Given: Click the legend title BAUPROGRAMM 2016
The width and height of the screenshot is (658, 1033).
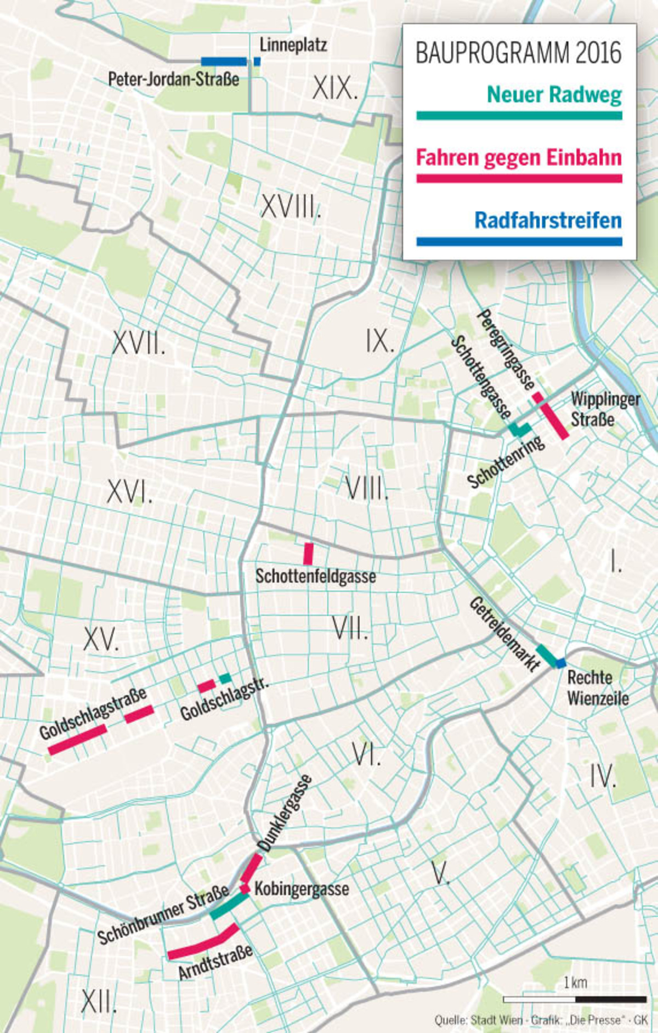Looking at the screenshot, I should [x=518, y=53].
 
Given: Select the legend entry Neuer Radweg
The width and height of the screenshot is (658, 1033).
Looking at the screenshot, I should [x=554, y=95].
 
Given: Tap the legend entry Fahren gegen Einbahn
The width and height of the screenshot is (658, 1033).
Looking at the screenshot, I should [x=518, y=158].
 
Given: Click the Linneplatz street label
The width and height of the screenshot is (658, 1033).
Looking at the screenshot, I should [x=293, y=45].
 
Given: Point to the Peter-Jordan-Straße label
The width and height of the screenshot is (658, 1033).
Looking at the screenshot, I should [x=173, y=79].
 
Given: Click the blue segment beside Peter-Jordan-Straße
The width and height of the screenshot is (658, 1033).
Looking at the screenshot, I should [x=224, y=62].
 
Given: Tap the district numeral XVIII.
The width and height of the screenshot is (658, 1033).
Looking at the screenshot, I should [x=290, y=207].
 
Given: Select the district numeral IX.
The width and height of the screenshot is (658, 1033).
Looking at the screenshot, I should [x=380, y=341].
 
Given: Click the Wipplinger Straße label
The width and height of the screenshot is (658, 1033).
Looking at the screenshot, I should [x=604, y=409].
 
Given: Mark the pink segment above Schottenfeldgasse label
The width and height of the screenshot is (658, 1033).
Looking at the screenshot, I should [x=309, y=554].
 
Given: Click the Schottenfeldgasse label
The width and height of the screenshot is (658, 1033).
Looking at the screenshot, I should [x=316, y=576].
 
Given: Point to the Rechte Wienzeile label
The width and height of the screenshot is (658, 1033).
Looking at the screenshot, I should [x=597, y=687].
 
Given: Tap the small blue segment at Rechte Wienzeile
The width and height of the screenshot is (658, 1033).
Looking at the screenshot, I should [x=560, y=663].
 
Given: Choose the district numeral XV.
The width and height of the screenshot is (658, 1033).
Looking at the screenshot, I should [x=101, y=639].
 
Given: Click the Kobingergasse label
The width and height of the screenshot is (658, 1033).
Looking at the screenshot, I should [x=302, y=889].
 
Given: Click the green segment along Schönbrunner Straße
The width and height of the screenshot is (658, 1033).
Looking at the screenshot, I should [x=229, y=907].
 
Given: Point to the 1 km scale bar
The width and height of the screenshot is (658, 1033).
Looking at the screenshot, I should [x=574, y=999].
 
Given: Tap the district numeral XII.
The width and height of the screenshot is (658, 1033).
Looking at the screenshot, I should [x=99, y=1002].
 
